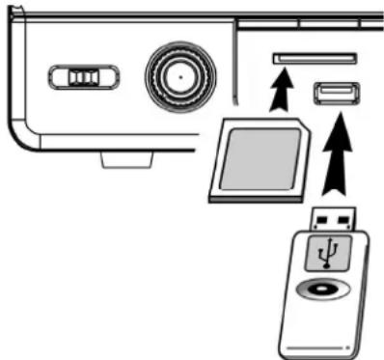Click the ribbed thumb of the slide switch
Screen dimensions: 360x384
pyautogui.click(x=86, y=75)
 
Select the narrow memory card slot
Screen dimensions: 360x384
pyautogui.click(x=315, y=58)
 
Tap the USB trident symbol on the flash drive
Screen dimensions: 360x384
pyautogui.click(x=330, y=256)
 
